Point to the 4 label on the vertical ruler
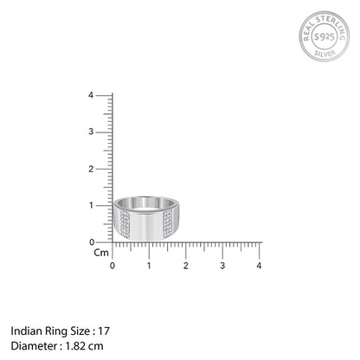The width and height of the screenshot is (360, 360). click(103, 95)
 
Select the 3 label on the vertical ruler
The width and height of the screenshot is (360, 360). click(103, 132)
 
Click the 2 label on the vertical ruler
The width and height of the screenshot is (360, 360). click(103, 169)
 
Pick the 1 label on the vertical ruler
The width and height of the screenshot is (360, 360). click(103, 205)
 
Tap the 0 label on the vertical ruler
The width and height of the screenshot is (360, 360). click(103, 241)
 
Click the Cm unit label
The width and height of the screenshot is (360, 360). click(102, 253)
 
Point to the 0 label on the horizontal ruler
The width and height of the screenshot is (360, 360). click(112, 264)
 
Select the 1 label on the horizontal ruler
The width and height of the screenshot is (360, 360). click(149, 264)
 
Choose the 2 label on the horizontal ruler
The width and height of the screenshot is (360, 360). click(186, 264)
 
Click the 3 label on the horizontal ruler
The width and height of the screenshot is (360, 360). click(222, 264)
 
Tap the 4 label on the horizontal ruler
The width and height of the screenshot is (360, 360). click(259, 264)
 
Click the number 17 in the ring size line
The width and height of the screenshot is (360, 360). click(105, 331)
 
